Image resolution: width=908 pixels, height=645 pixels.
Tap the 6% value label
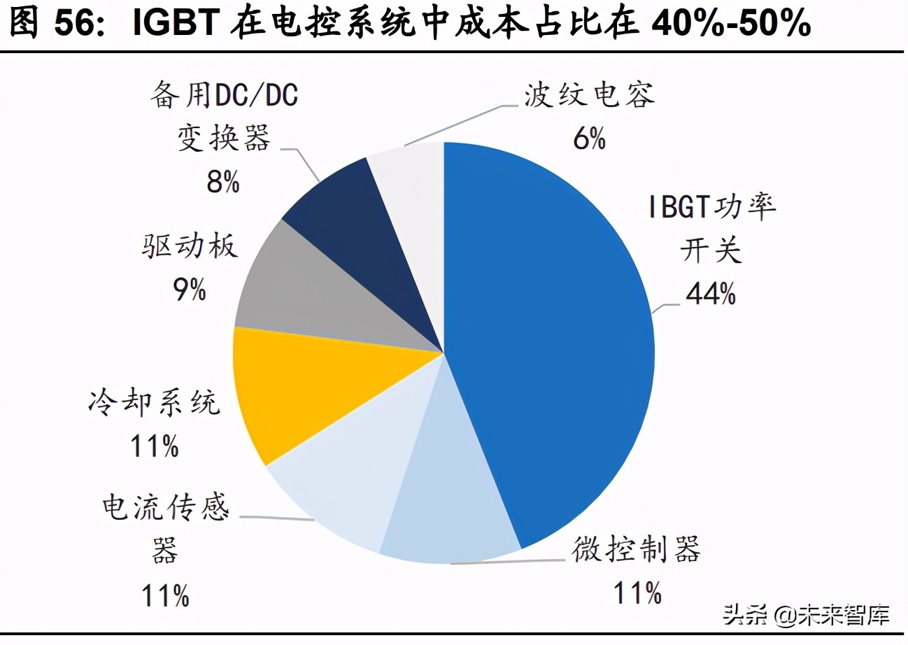click(x=589, y=139)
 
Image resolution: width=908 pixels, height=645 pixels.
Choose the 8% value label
click(x=223, y=183)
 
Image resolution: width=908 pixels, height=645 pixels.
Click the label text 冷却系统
click(x=155, y=402)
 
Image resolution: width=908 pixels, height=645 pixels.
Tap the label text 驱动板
click(x=190, y=246)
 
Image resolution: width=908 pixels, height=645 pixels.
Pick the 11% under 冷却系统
click(x=155, y=446)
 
